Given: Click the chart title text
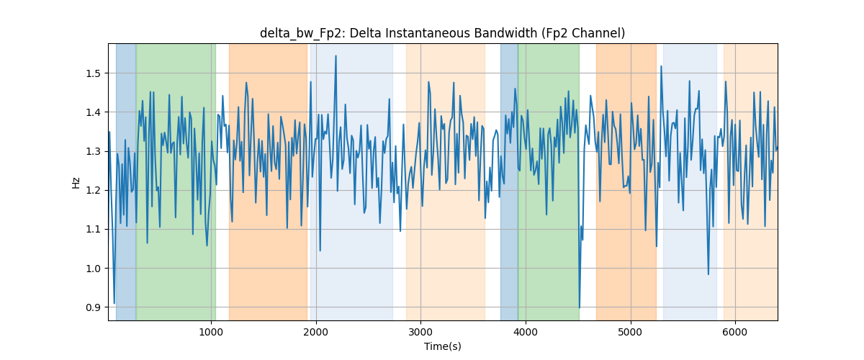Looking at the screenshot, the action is [x=442, y=33].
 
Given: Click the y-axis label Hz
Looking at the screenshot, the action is [x=76, y=182].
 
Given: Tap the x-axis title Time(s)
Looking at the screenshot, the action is [x=442, y=346].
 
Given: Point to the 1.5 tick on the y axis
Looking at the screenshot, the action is [x=94, y=73].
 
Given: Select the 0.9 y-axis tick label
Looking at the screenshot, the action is [x=94, y=307].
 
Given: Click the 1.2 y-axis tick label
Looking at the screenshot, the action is [x=94, y=190].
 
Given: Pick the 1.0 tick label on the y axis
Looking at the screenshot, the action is [x=94, y=269].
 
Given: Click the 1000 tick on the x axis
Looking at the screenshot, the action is [x=211, y=332].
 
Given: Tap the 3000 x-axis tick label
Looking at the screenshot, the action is [x=420, y=332].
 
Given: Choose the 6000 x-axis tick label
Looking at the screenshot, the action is [x=735, y=332].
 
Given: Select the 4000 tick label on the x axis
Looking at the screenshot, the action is [x=526, y=332].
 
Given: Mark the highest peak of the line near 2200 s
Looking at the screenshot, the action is [x=336, y=56].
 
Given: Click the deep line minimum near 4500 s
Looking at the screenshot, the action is [x=580, y=307].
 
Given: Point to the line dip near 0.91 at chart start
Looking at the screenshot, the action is [x=114, y=303].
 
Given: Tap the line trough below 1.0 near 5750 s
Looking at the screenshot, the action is [x=708, y=274].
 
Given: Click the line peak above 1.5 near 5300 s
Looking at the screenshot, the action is [x=661, y=66].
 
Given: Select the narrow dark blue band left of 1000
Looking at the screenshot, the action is [x=126, y=181].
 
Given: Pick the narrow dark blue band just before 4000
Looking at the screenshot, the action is [x=509, y=181].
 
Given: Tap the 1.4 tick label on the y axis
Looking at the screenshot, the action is [x=94, y=112].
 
